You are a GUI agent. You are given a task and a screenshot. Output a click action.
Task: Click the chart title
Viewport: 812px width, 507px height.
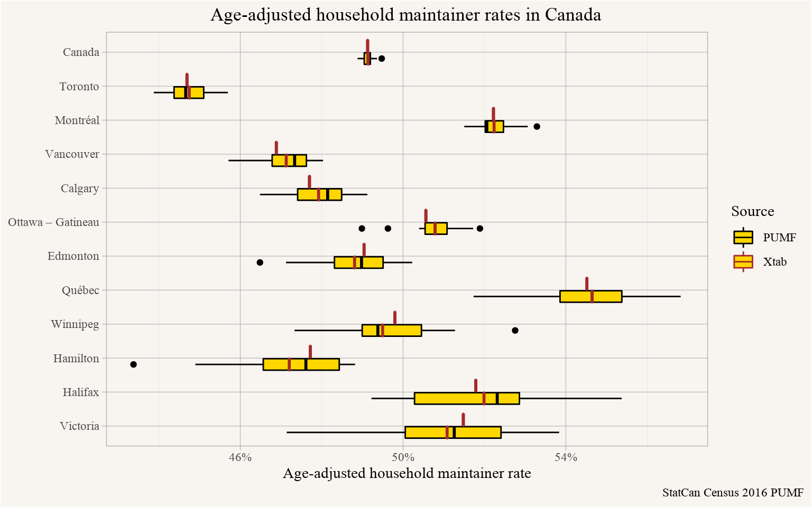coord(405,15)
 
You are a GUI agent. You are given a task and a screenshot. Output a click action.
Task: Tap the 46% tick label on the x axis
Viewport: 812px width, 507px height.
coord(241,457)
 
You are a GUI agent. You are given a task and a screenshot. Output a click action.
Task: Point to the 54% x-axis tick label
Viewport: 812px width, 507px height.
coord(566,457)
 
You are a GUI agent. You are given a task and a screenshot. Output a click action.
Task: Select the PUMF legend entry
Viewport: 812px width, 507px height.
coord(764,238)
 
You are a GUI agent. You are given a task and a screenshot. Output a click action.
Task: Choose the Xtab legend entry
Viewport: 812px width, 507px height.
coord(760,261)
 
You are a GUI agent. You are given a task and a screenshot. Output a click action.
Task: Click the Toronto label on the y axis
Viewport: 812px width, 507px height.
coord(79,87)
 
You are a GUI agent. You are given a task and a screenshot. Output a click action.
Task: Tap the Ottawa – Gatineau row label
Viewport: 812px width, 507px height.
coord(53,222)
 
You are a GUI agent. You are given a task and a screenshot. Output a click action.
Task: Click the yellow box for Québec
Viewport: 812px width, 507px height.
coord(591,296)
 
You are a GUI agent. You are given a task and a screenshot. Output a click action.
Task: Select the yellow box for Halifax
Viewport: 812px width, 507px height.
coord(467,398)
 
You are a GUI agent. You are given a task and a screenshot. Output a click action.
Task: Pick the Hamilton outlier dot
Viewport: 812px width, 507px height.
coord(133,364)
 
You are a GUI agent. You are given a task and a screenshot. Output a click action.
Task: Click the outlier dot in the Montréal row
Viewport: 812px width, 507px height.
coord(537,126)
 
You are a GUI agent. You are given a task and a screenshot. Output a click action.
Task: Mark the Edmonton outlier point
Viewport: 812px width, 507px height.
coord(260,262)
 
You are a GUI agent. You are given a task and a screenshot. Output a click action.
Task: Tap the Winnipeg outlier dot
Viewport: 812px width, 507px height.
coord(515,330)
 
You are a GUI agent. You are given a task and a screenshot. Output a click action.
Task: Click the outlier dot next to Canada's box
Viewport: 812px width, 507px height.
coord(381,59)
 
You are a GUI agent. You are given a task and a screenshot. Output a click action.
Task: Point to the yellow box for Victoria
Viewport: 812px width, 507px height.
coord(453,433)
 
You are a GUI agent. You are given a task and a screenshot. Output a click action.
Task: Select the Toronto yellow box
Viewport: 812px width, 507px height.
coord(189,92)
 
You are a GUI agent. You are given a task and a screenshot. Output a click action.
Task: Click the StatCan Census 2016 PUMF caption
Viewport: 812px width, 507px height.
coord(733,493)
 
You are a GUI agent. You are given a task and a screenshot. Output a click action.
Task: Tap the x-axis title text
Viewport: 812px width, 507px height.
coord(407,473)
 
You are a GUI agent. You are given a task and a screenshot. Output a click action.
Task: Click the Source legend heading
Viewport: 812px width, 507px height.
coord(753,211)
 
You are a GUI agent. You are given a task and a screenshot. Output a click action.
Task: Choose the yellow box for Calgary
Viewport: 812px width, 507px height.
coord(320,194)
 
